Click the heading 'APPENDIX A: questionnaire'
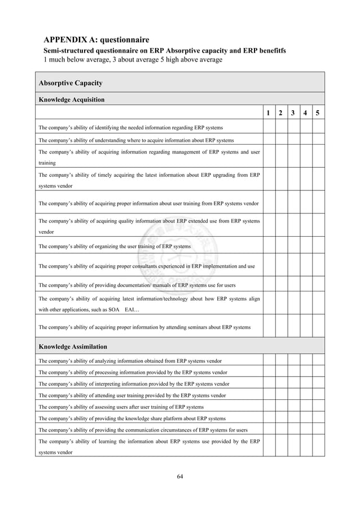(96, 40)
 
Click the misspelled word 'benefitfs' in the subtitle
(269, 51)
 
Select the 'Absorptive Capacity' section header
(71, 83)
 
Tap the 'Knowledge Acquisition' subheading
(71, 99)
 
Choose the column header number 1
(269, 114)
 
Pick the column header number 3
(293, 114)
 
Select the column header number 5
(318, 114)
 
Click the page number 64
(180, 476)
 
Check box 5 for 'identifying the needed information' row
(318, 127)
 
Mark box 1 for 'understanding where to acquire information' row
(269, 140)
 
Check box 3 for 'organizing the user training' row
(293, 246)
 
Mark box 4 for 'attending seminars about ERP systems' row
(306, 326)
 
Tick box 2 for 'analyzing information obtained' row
(281, 361)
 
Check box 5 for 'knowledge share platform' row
(318, 419)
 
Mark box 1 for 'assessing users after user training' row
(269, 407)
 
